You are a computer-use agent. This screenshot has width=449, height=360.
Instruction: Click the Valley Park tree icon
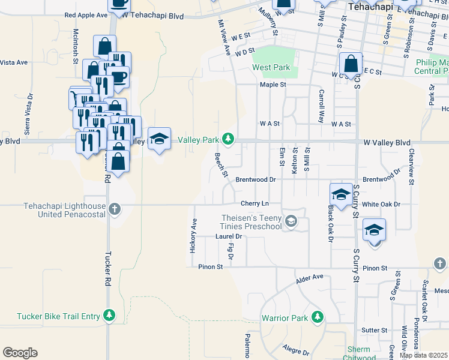(228, 140)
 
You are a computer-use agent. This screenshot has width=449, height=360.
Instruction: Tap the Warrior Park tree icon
(317, 317)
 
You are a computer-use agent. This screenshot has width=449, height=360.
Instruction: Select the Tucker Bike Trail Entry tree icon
(109, 315)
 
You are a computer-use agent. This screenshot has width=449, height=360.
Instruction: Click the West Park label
(271, 68)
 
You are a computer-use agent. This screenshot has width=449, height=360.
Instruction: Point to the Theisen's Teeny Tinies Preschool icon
(291, 221)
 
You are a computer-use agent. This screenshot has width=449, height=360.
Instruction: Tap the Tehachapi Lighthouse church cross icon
(115, 210)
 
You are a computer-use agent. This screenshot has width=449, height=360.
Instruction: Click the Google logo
(20, 353)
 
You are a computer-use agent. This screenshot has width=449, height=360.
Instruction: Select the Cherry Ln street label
(253, 204)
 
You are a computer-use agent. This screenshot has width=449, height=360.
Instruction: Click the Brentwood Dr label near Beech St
(255, 179)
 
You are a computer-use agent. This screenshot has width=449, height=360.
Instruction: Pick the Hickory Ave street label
(193, 235)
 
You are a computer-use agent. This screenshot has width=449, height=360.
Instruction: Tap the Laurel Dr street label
(228, 236)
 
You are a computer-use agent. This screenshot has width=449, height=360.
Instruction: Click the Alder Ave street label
(310, 279)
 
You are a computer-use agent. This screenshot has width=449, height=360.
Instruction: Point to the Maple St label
(273, 85)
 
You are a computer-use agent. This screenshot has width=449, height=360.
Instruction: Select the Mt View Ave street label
(224, 38)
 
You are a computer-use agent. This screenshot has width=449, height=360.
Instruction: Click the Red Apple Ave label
(86, 14)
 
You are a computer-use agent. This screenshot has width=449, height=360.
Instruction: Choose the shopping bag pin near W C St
(350, 64)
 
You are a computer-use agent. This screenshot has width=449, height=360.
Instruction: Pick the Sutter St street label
(374, 330)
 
